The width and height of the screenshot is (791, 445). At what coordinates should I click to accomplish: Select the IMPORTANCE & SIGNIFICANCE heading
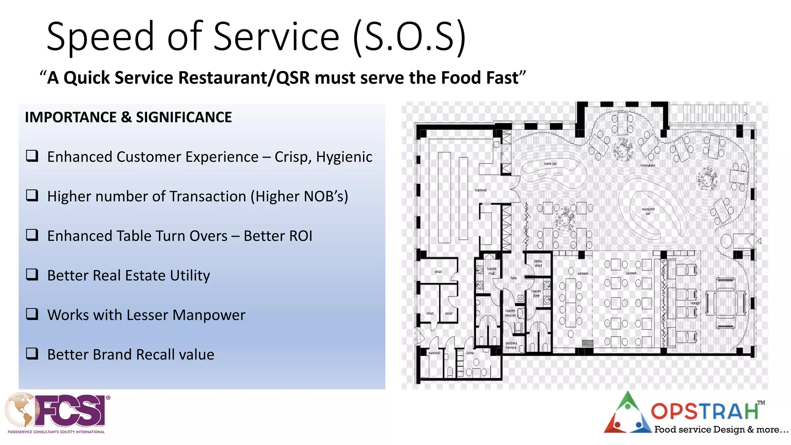point(128,117)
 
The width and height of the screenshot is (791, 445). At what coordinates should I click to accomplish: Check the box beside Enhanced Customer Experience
point(32,156)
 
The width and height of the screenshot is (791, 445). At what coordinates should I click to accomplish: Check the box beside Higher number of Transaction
point(32,195)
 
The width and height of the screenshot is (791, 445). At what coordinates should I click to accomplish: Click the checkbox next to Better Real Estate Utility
point(32,274)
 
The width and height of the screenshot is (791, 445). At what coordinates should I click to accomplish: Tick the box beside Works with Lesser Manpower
point(32,314)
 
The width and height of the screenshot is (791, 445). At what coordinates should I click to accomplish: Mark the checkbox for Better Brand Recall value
point(32,353)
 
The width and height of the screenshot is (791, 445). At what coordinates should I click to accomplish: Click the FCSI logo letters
point(71,410)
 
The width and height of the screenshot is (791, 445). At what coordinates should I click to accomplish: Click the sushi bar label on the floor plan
point(550,164)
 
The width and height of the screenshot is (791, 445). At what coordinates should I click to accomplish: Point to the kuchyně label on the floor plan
point(481,190)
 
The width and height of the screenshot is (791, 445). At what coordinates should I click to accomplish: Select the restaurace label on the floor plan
point(648,165)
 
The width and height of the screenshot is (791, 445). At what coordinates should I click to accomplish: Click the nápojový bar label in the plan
point(648,211)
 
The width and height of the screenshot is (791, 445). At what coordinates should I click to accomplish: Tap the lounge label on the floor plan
point(695,303)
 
